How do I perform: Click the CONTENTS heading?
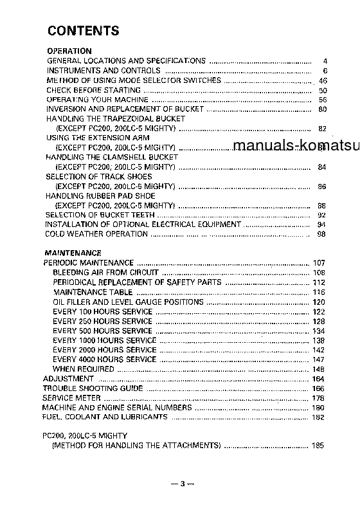83,31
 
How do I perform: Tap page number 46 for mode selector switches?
323,80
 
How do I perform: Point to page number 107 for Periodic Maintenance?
319,263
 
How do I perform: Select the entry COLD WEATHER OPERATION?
96,234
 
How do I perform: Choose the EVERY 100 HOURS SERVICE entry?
103,311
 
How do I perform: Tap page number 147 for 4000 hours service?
319,360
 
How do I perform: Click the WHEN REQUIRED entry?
83,369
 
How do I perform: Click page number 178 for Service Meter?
319,398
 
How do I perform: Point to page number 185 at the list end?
319,445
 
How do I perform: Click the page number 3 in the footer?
183,484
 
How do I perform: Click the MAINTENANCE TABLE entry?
93,292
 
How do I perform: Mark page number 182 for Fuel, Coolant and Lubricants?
319,417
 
